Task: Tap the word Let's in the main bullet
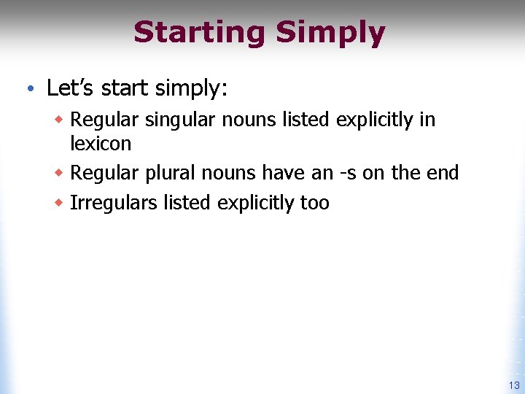[71, 88]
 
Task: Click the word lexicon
[101, 143]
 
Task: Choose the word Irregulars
[113, 203]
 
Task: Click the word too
[314, 203]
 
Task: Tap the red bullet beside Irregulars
[60, 202]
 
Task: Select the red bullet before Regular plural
[60, 172]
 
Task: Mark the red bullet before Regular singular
[60, 119]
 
